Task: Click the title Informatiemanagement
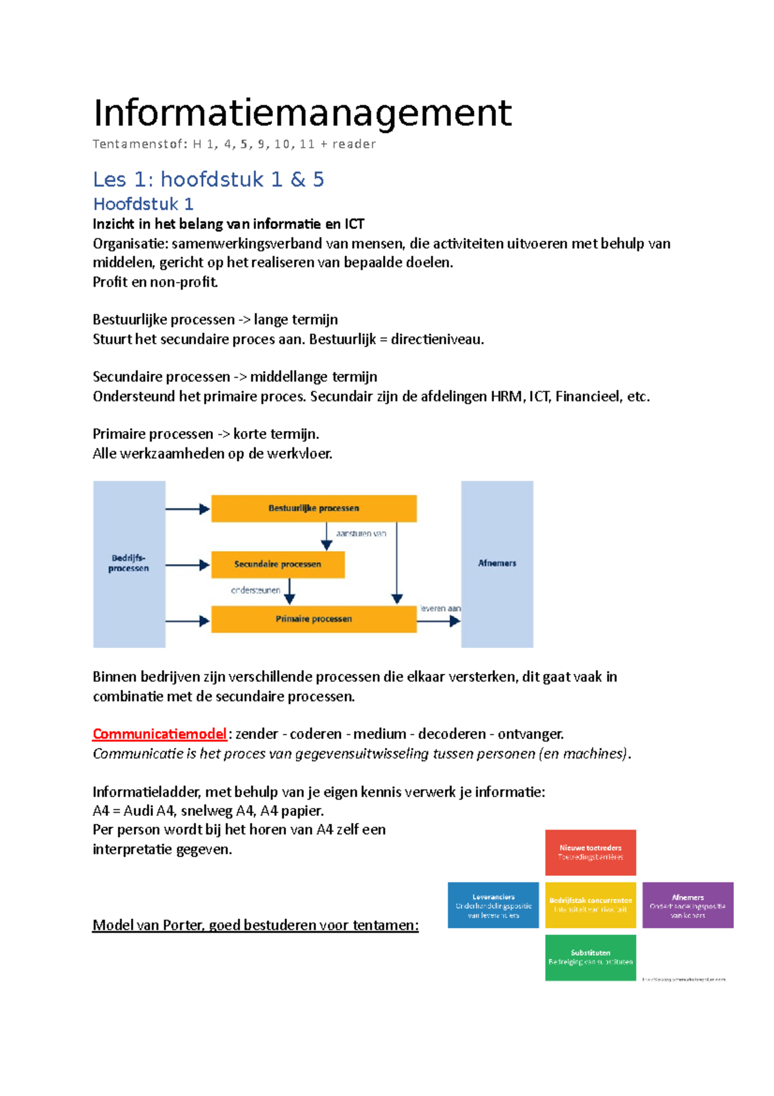302,113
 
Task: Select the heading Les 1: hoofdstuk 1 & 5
208,179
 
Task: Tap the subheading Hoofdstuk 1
143,204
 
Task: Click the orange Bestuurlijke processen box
313,509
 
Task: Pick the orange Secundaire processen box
277,564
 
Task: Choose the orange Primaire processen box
313,619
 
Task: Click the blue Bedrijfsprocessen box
129,563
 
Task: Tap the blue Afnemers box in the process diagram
497,563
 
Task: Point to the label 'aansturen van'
361,534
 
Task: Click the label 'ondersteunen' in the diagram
255,590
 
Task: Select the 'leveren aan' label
441,608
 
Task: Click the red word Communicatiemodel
159,734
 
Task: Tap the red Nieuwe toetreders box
590,853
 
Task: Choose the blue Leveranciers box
493,906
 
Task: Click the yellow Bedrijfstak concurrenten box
590,906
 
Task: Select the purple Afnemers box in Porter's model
688,906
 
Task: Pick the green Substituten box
590,958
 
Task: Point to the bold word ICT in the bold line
354,224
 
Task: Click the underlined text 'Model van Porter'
148,925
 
